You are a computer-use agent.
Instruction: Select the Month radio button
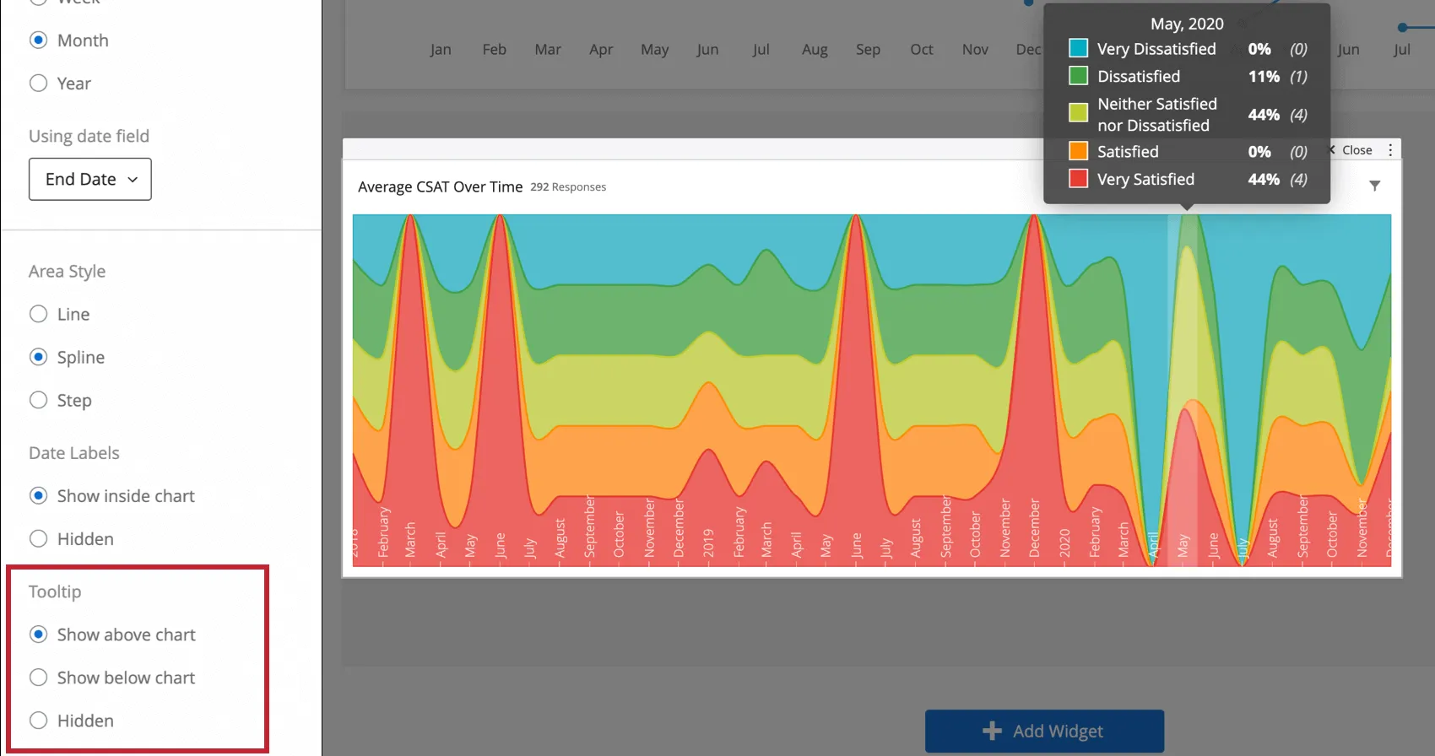pos(38,40)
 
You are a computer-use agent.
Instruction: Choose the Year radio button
pos(38,84)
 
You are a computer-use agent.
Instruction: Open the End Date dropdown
pos(90,180)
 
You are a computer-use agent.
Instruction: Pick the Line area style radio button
pos(38,315)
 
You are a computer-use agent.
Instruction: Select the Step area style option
pos(38,401)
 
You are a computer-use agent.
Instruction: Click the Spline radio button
pos(38,358)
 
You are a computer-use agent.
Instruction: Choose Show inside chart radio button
pos(38,496)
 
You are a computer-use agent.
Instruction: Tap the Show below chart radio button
pos(38,678)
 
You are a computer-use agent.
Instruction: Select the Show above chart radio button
pos(38,634)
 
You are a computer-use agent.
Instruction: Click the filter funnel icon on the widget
pos(1375,186)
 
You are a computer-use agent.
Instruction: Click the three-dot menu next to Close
pos(1390,150)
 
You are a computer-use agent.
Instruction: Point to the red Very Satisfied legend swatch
pos(1078,179)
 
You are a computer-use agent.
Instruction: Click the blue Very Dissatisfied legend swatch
pos(1078,49)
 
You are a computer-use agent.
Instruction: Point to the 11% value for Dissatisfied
pos(1264,77)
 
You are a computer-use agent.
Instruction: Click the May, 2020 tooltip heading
pos(1187,24)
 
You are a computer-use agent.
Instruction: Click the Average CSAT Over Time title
pos(440,187)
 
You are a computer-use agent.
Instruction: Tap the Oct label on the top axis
pos(922,50)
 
